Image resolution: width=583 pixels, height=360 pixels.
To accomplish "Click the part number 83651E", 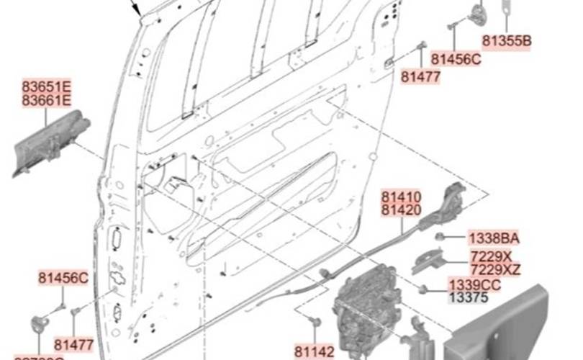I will tap(46, 87).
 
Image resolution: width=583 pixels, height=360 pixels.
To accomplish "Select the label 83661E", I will tap(46, 101).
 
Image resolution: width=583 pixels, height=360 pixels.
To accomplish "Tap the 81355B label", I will tap(507, 41).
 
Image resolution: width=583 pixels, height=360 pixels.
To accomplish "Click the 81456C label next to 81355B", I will tap(456, 59).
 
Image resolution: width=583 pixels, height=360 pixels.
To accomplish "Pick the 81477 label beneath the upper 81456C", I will tap(420, 76).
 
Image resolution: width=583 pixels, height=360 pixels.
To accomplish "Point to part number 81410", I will tap(401, 197).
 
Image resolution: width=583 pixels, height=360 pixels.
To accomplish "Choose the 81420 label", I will tap(401, 210).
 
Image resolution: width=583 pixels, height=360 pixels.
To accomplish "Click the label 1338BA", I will tap(494, 238).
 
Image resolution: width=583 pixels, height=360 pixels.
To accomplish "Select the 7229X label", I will tap(491, 257).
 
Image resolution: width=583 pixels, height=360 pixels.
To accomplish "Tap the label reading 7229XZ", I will tap(495, 270).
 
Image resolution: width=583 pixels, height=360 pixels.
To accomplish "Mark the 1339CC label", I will tap(475, 285).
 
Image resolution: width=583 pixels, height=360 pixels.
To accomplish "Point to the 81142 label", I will tap(315, 351).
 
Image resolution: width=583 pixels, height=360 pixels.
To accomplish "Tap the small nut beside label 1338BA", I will tap(439, 236).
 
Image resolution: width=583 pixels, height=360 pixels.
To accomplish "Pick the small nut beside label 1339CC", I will tap(424, 289).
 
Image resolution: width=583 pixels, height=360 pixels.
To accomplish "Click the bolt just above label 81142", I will tap(314, 320).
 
